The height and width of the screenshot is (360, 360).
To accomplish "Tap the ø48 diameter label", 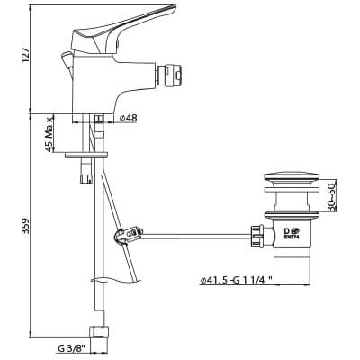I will (128, 118).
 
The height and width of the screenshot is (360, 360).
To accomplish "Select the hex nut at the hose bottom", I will (96, 329).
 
